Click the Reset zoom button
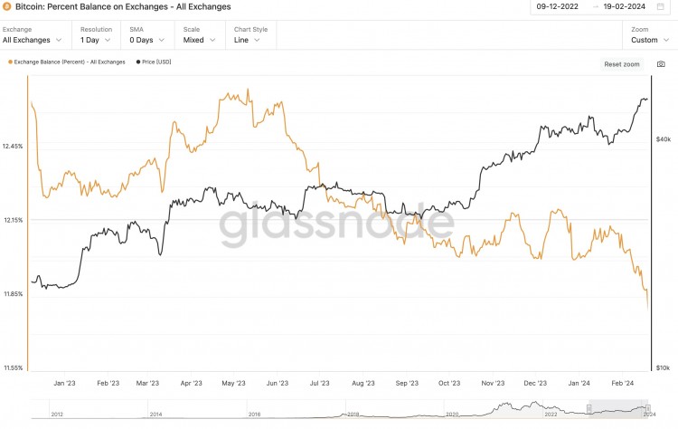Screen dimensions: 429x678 point(621,64)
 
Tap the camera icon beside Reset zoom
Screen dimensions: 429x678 point(661,64)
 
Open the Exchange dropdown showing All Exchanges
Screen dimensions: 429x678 point(33,40)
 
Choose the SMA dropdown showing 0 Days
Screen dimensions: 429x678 point(147,40)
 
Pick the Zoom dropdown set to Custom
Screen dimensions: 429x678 point(649,40)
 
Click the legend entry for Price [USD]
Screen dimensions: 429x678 point(155,62)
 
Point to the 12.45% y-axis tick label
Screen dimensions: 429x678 point(14,146)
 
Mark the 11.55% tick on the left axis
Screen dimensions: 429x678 point(14,368)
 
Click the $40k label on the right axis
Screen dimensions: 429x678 point(663,139)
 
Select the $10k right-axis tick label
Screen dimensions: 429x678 point(663,368)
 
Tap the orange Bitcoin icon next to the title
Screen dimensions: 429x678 point(7,6)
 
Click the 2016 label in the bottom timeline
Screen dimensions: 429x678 point(255,414)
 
